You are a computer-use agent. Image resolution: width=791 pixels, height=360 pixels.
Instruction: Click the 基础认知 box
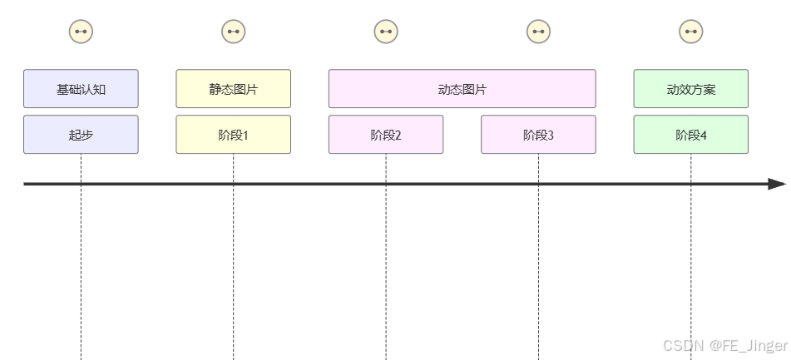81,89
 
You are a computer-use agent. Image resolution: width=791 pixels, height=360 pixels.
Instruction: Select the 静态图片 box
233,89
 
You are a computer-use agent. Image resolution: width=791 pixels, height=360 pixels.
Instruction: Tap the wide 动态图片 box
462,89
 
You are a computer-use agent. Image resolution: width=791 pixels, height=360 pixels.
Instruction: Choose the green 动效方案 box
690,89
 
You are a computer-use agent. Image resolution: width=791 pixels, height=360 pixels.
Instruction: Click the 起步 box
81,135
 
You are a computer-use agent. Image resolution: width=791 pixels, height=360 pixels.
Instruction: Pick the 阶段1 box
233,135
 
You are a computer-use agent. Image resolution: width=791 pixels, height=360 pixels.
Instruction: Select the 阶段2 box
386,135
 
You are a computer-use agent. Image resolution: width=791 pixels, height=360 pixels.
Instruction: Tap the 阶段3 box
538,135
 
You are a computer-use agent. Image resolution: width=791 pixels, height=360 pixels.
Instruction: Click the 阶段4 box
690,135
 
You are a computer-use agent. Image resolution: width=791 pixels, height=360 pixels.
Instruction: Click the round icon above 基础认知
81,32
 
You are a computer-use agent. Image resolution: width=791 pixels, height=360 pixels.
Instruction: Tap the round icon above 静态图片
233,32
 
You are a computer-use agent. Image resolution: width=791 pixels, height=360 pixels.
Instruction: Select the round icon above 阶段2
386,32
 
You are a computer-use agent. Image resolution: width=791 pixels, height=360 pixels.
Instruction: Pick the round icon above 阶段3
538,32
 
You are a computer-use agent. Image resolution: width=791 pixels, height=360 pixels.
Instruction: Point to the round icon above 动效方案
690,32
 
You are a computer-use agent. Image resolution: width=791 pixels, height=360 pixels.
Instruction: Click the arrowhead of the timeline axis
777,184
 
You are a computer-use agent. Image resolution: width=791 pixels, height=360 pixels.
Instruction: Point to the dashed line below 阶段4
690,266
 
